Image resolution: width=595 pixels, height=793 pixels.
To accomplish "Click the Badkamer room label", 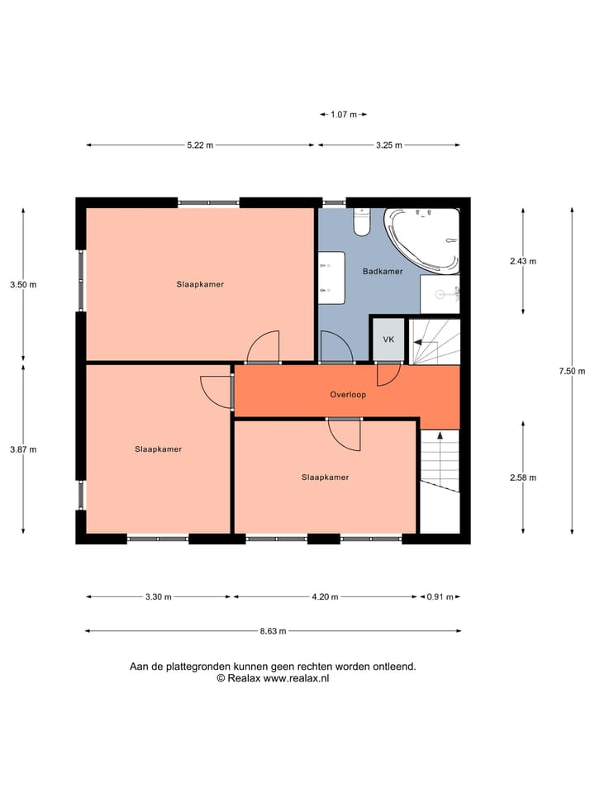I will (383, 271).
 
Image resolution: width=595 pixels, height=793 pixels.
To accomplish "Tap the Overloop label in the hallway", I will (348, 395).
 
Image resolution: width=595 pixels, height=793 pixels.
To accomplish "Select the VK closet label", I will (388, 340).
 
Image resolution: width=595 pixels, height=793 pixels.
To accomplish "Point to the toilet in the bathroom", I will (362, 221).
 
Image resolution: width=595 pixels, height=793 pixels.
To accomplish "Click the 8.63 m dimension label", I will (273, 631).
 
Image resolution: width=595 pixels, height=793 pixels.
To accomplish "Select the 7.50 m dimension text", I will (572, 371).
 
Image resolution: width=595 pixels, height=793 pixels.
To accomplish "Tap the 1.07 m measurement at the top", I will (343, 115).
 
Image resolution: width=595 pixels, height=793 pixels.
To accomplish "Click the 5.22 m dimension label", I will (200, 145).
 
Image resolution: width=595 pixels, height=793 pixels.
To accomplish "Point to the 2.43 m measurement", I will (523, 261).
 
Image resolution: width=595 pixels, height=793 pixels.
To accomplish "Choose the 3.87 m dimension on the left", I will (23, 449).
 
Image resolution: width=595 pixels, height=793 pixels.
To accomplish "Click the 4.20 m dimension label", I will (324, 596).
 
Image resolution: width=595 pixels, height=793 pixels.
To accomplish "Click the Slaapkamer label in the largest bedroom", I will (200, 284).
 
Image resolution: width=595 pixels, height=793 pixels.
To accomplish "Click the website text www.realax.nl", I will (296, 677).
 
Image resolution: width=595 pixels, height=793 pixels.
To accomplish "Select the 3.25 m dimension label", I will (388, 145).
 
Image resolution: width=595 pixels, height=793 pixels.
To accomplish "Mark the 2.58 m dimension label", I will (523, 477).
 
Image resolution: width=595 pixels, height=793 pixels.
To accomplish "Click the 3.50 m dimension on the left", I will (23, 284).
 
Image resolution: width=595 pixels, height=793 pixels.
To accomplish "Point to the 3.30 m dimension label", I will (159, 596).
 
